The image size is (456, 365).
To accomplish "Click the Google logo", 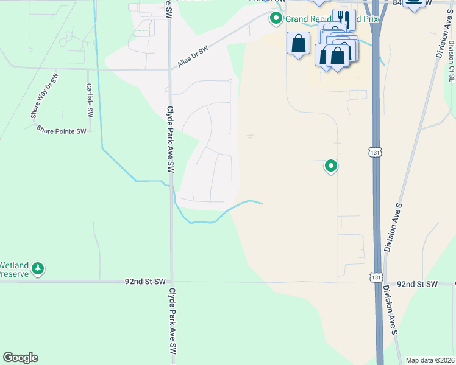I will [x=20, y=358].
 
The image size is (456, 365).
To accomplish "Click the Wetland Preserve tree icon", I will [x=38, y=268].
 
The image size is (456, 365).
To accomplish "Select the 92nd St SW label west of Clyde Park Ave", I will [x=145, y=282].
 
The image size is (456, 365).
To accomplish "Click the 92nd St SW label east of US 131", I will [x=417, y=284].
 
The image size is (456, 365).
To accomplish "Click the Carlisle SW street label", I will [x=89, y=100].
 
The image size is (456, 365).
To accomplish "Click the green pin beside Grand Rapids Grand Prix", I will [x=276, y=19].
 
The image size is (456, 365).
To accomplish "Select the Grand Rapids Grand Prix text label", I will [x=332, y=19].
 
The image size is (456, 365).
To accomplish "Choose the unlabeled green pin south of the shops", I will [x=331, y=165].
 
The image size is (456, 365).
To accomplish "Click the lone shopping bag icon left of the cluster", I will [x=298, y=43].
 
